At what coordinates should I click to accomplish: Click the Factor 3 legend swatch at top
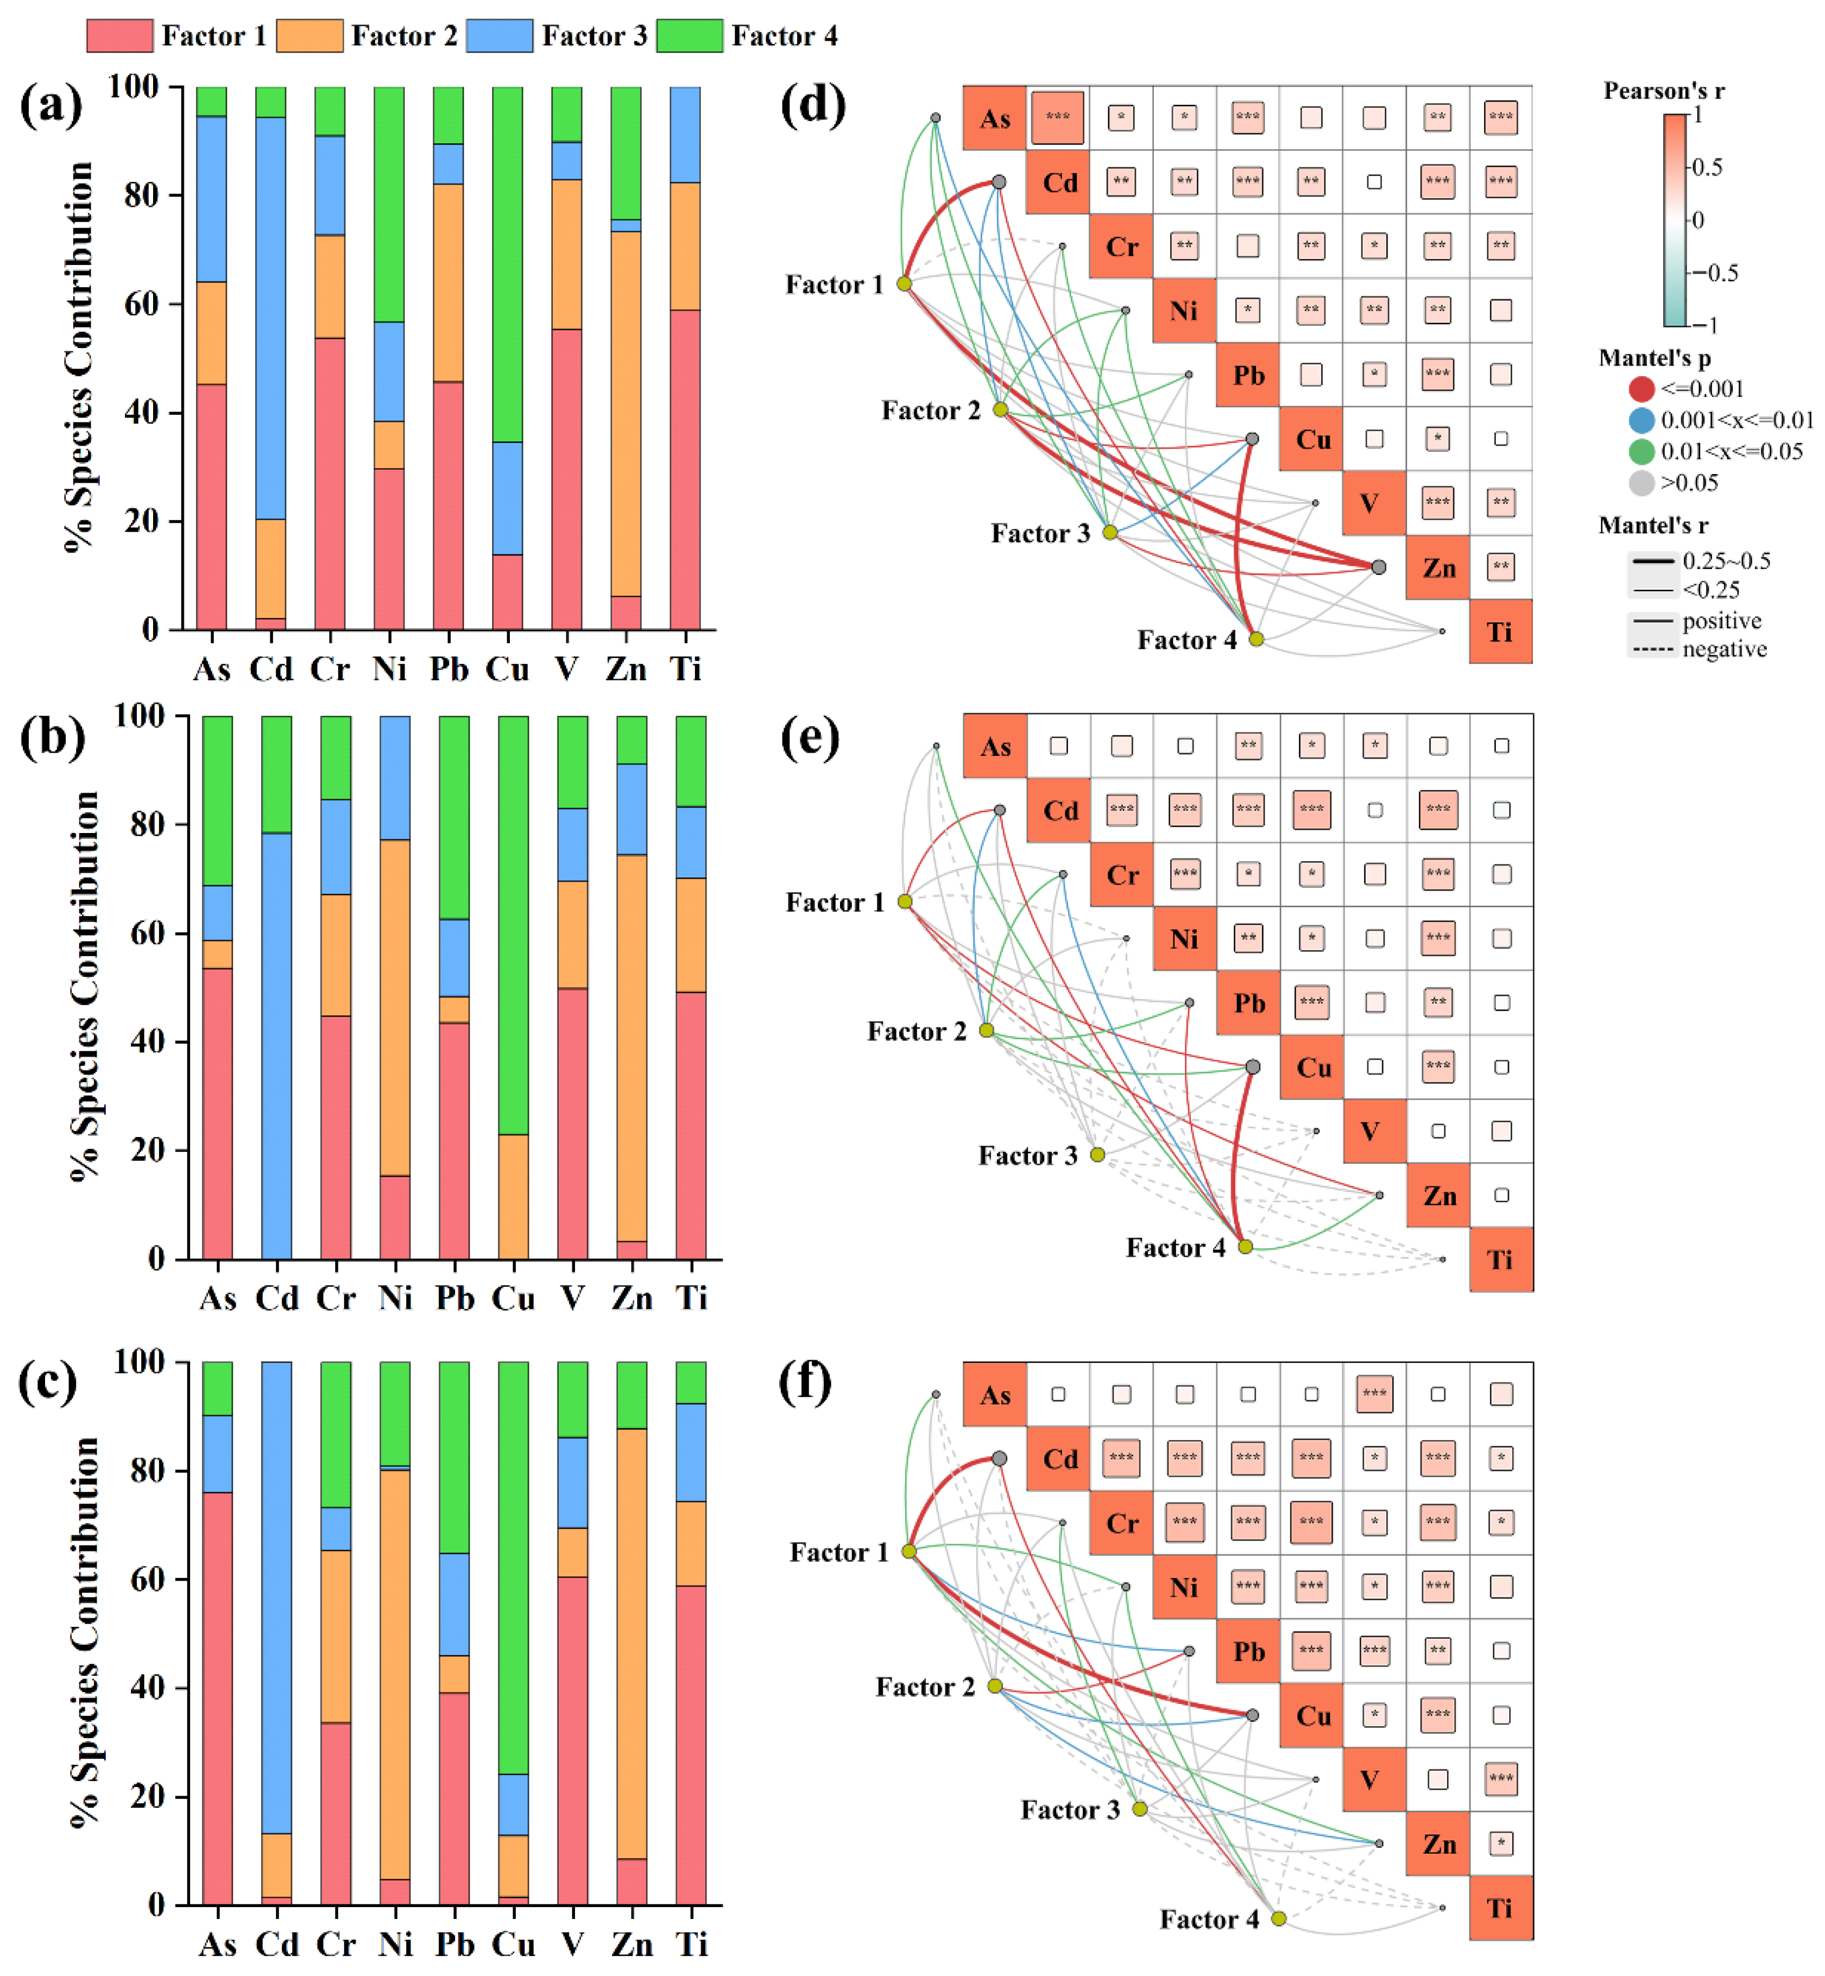pos(498,35)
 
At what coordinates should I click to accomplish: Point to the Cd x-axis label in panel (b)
pos(276,1298)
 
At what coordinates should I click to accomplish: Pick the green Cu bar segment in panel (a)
pos(508,264)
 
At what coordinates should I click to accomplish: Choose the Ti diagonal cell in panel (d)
pos(1501,631)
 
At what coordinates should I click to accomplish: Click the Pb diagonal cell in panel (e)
pos(1248,1002)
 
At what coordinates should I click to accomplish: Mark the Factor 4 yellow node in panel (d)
pos(1256,639)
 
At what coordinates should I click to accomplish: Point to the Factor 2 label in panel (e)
pos(917,1031)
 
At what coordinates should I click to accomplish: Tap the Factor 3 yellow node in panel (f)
pos(1140,1808)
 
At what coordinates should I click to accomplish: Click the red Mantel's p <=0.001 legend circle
pos(1641,389)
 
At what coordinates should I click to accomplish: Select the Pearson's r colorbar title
pos(1664,91)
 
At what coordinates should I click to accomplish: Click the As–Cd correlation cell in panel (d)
pos(1058,117)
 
